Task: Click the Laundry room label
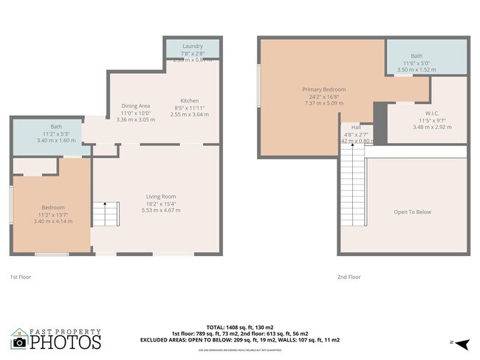click(192, 46)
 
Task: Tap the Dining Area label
click(135, 106)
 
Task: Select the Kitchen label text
click(190, 101)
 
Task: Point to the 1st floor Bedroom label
click(52, 207)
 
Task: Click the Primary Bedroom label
click(323, 89)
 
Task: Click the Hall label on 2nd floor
click(356, 127)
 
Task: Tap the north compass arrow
click(462, 343)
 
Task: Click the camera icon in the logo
click(19, 342)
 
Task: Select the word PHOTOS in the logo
click(65, 342)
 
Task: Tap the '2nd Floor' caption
click(349, 277)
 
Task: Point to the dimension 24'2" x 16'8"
click(323, 97)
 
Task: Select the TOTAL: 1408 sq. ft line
click(240, 328)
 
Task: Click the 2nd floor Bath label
click(416, 56)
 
